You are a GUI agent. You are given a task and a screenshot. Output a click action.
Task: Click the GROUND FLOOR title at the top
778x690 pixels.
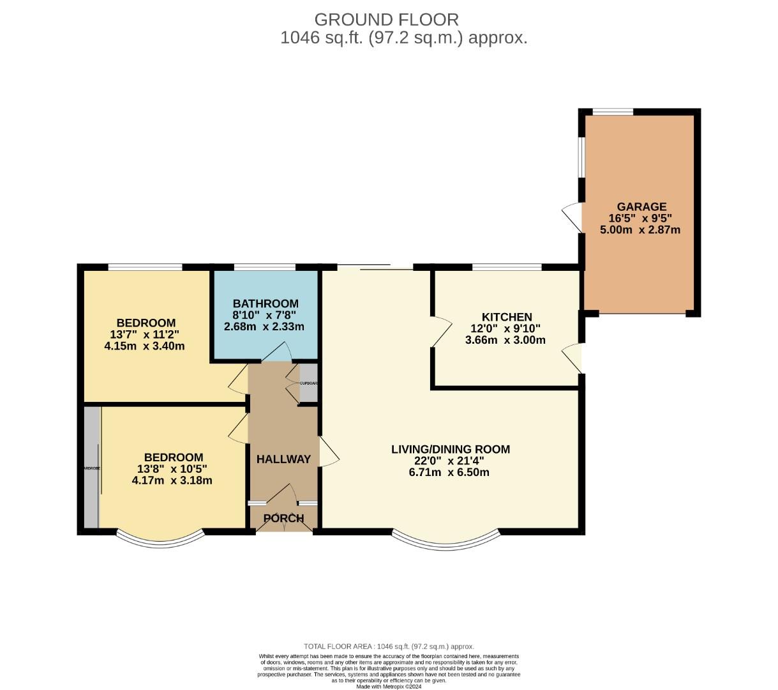pos(386,19)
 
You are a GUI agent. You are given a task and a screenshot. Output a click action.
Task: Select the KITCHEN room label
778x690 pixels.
pos(506,317)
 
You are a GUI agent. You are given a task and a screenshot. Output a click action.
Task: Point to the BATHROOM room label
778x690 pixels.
pos(266,303)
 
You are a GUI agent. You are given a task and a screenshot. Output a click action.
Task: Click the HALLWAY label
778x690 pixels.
pos(283,459)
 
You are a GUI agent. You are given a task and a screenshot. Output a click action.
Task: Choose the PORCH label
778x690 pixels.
pos(283,518)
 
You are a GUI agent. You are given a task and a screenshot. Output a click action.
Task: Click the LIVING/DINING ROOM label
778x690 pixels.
pos(450,449)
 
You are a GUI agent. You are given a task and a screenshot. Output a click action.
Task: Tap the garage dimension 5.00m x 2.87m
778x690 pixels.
pos(640,229)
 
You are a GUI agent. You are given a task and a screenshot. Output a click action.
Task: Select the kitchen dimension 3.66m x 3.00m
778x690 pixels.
pos(505,340)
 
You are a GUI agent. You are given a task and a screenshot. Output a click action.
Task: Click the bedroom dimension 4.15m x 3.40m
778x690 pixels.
pos(144,346)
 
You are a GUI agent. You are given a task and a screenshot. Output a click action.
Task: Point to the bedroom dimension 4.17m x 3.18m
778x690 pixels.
pos(172,480)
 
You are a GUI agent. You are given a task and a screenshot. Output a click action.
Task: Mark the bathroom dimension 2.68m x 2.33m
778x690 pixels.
pos(264,326)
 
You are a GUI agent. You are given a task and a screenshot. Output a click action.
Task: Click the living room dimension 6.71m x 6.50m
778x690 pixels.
pos(449,472)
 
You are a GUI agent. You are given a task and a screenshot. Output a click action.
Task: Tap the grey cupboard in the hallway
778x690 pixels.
pos(308,383)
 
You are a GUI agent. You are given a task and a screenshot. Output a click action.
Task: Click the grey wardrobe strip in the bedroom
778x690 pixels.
pos(91,468)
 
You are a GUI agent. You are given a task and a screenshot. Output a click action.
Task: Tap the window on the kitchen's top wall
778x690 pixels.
pos(507,266)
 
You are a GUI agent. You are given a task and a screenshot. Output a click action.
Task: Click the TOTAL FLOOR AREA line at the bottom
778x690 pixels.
pos(389,647)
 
